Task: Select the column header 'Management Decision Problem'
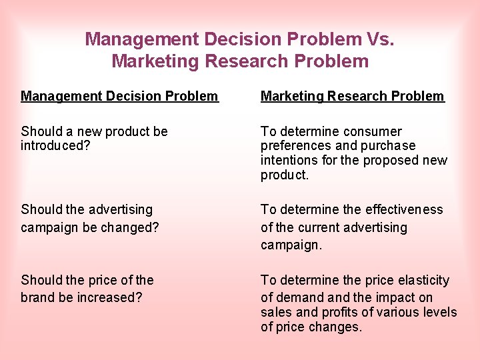coord(119,96)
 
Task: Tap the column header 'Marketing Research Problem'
coord(352,96)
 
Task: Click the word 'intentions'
coord(289,161)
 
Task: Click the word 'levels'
coord(439,313)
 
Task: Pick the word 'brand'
coord(37,297)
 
